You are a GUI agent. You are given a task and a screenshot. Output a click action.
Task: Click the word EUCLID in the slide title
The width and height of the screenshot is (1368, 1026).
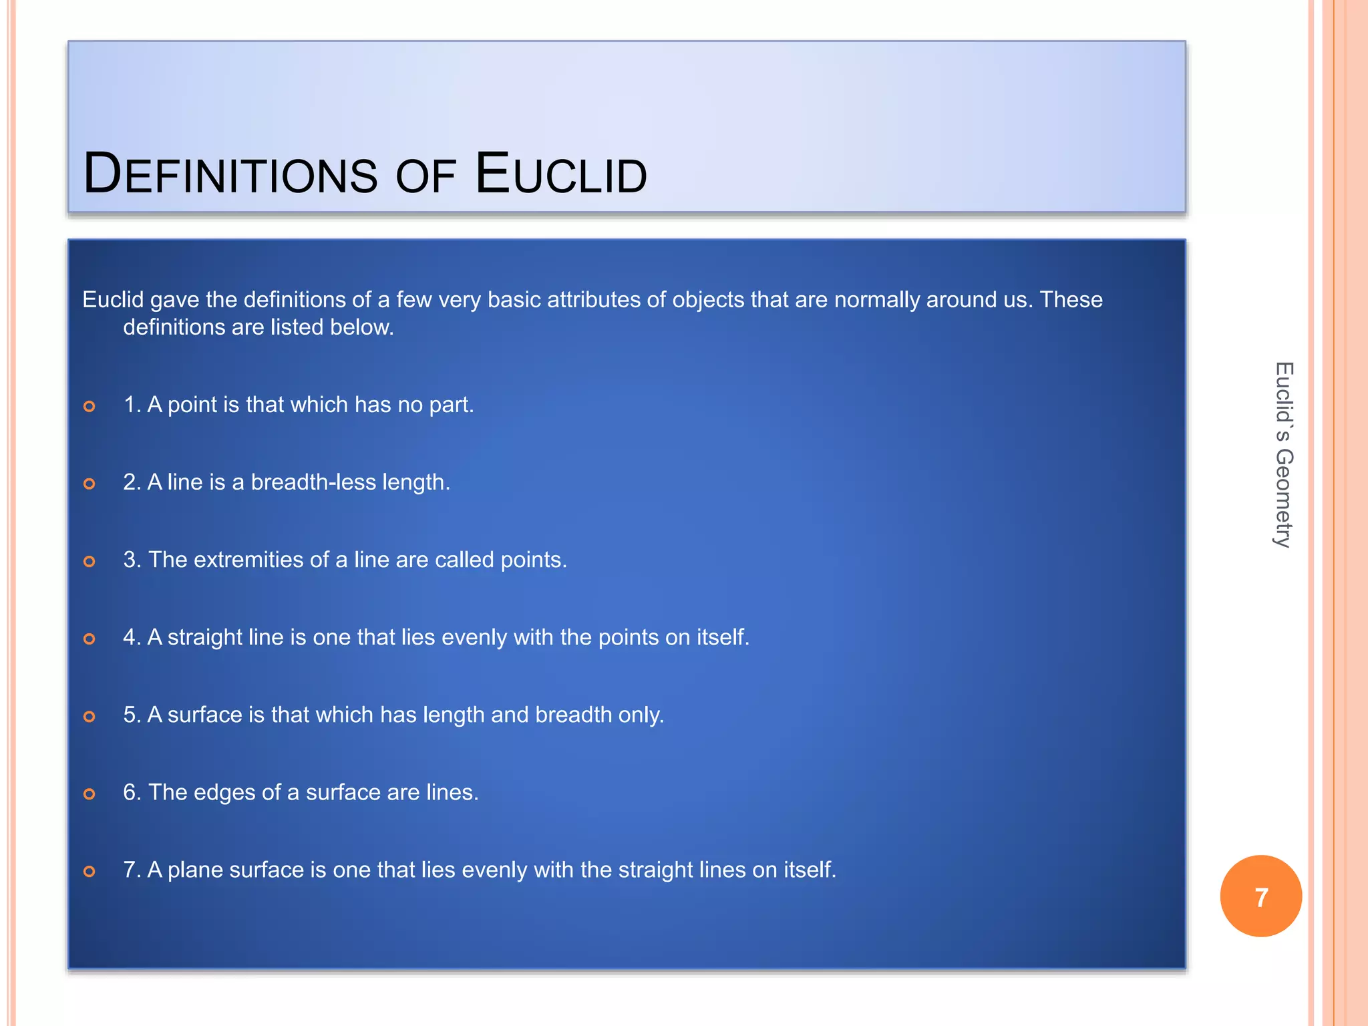[561, 175]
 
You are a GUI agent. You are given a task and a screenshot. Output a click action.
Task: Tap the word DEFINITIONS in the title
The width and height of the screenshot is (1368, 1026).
[230, 175]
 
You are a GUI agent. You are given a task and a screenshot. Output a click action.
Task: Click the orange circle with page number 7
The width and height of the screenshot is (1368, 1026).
[1260, 896]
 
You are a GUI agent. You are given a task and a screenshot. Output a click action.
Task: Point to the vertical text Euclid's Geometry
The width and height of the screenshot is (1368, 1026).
[1283, 455]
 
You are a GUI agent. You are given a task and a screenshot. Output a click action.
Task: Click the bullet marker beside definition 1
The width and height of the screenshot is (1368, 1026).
[90, 406]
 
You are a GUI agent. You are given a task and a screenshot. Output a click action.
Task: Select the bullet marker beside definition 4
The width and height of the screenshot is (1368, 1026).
[90, 639]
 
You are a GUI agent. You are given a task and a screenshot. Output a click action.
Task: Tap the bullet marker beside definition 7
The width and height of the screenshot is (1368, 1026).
[90, 871]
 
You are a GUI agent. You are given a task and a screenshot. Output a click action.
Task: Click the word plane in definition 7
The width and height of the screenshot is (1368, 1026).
[195, 870]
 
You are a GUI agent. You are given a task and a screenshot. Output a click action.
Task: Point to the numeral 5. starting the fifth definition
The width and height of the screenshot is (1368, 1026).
[132, 715]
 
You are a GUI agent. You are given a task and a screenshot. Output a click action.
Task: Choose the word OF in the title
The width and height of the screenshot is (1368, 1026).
[425, 177]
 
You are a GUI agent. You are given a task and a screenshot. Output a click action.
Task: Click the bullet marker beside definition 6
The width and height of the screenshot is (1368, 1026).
[90, 794]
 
